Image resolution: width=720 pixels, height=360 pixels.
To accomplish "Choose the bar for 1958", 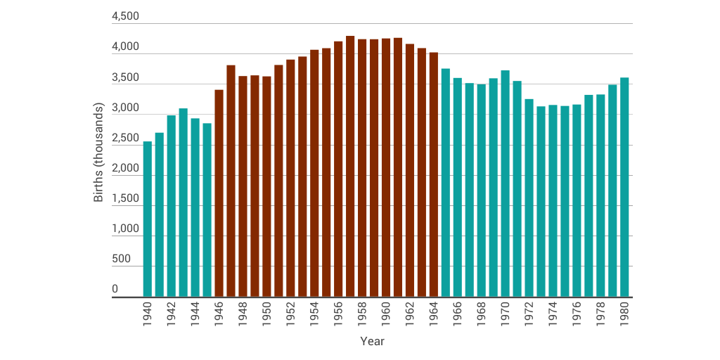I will point(362,168).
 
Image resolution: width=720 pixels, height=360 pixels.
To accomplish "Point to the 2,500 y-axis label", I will point(125,139).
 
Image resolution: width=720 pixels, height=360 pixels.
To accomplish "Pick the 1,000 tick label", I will point(125,229).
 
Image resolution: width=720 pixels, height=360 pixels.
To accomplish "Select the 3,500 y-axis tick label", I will point(125,78).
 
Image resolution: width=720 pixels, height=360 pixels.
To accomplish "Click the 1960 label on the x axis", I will point(386,314).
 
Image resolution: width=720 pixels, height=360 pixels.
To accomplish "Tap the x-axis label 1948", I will point(243,314).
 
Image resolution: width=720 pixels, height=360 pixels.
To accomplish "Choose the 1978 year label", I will point(600,314).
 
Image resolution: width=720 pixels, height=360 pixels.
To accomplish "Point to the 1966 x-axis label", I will point(458,314).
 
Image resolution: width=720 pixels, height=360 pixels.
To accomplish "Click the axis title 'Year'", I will point(372,341).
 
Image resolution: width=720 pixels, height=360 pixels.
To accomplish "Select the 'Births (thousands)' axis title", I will point(98,153).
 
